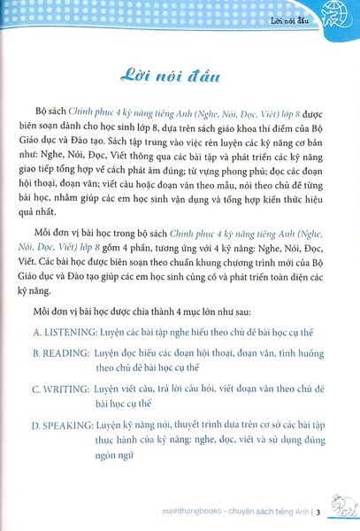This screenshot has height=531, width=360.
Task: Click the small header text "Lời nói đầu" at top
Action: [295, 13]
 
